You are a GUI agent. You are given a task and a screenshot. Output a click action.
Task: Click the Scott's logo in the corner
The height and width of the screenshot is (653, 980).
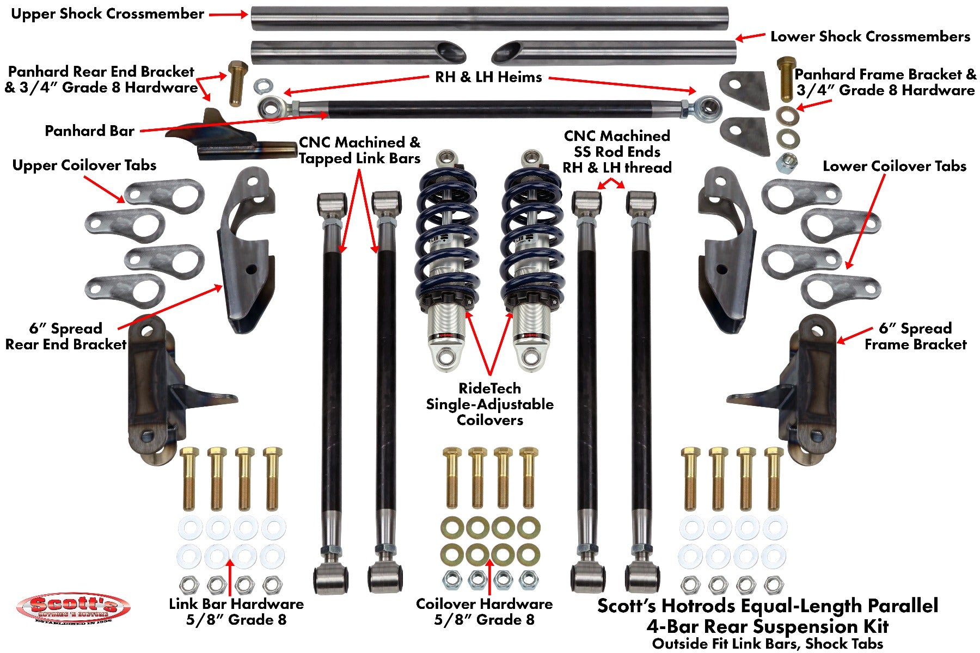73,608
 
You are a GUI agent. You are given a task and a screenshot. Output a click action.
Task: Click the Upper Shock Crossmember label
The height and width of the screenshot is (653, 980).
107,14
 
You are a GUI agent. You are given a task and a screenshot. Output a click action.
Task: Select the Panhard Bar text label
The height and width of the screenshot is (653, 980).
89,131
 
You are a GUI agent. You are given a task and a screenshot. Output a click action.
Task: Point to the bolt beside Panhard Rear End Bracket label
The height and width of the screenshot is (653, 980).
237,83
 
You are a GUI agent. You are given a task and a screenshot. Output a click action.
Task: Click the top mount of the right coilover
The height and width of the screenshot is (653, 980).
530,158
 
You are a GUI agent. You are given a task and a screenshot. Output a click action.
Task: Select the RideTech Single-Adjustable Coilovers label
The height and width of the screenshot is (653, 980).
489,404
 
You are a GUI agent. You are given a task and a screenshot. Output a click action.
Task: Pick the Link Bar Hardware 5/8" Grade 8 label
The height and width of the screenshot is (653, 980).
236,612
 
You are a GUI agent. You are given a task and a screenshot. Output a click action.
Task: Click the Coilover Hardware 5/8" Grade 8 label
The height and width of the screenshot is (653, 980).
484,612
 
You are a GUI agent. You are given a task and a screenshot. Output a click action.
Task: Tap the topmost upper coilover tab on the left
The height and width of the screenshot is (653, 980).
163,193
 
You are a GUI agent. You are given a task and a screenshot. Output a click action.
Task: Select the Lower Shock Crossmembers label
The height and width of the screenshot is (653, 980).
869,37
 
